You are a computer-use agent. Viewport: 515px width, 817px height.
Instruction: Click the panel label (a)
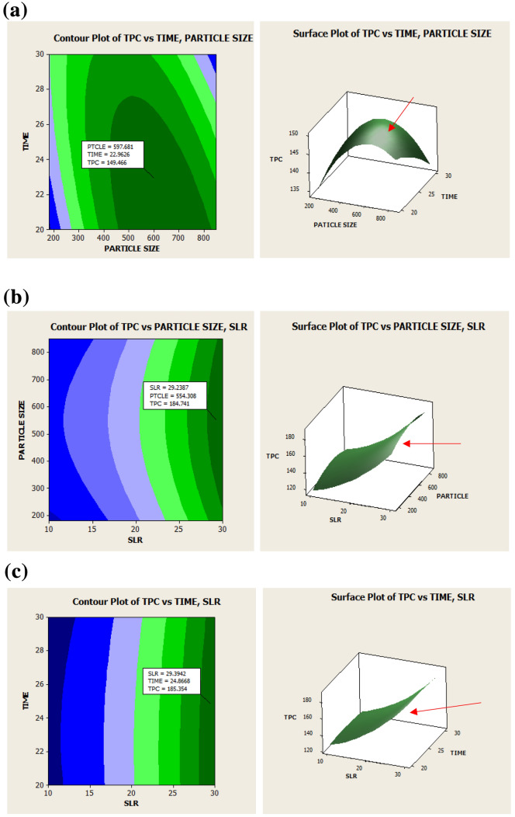(17, 12)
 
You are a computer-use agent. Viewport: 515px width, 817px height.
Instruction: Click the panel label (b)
(17, 297)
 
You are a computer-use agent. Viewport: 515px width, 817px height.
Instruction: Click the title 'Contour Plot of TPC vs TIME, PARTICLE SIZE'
(153, 37)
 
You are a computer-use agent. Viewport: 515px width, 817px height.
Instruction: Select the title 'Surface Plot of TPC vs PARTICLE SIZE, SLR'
(388, 326)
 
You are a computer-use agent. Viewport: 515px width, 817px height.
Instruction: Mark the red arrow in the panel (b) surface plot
(432, 444)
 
